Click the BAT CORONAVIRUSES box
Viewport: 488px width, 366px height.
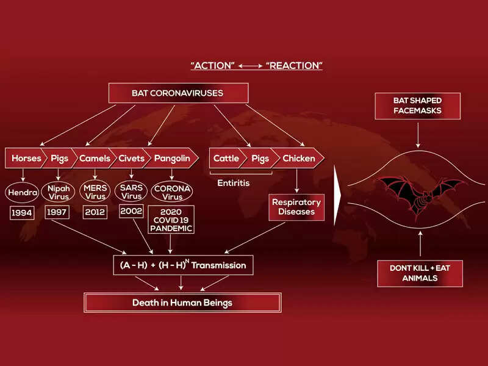178,93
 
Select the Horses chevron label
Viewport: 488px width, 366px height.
26,159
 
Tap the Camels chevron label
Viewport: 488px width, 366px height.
95,159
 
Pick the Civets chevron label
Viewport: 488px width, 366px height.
132,159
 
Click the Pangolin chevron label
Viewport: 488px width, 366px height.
171,159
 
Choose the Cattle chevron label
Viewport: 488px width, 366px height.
226,159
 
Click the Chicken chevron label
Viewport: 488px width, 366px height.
299,159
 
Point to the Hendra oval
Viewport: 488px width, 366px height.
23,192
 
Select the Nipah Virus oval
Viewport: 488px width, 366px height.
59,192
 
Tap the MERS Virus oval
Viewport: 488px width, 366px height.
95,192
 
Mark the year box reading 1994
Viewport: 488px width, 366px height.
23,213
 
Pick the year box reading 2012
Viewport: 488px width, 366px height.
95,212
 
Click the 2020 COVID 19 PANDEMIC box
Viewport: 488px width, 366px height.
171,220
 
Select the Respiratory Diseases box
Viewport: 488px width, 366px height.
296,207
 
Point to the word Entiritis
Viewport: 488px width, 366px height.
234,183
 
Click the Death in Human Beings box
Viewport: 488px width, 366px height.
182,303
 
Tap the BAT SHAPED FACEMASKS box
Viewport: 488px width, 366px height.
417,105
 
